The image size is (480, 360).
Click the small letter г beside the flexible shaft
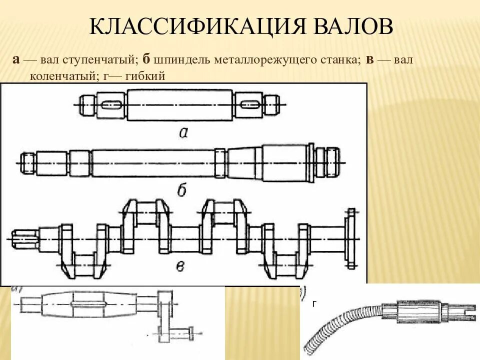point(314,304)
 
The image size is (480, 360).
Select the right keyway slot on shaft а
point(249,104)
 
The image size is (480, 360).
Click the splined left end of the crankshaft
point(22,239)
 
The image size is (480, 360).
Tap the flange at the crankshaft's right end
point(351,238)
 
